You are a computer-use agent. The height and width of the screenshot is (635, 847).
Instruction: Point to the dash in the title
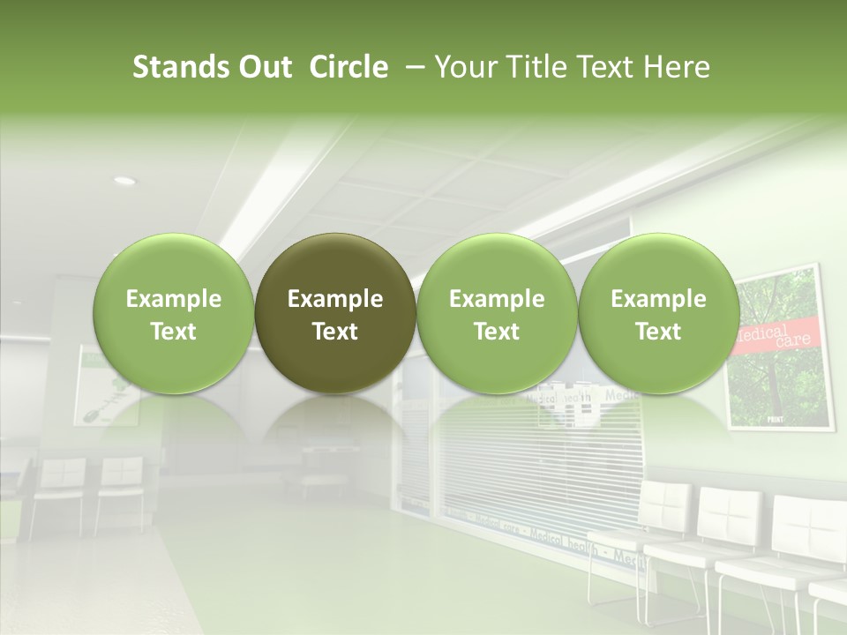[x=412, y=67]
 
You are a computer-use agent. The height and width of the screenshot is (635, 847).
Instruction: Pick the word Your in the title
[x=463, y=67]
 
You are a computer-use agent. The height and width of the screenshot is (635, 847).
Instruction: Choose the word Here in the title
[x=676, y=67]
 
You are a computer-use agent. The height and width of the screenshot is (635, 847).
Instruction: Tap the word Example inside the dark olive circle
[x=335, y=299]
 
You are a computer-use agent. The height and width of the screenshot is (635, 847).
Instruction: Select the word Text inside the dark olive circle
[x=335, y=332]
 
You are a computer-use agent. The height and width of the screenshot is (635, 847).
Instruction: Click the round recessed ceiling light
[x=124, y=181]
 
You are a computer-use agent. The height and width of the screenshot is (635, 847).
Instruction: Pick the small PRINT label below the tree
[x=776, y=420]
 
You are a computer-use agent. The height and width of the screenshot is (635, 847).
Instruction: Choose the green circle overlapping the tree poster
[x=658, y=313]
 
